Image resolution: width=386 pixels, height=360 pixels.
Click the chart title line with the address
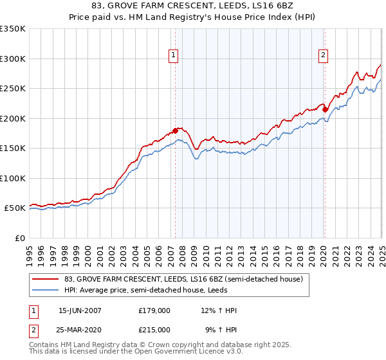click(193, 7)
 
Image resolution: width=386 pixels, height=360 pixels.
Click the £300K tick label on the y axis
click(12, 59)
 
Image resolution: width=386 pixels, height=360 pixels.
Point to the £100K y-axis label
click(12, 178)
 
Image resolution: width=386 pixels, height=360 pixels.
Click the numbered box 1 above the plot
click(174, 56)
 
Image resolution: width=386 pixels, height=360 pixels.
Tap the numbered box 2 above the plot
click(322, 56)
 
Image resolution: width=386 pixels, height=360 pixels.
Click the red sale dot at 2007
click(175, 131)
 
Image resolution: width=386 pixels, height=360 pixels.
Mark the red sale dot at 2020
click(325, 109)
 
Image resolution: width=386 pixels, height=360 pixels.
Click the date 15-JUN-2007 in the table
click(80, 310)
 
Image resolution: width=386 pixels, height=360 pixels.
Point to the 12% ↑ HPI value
click(219, 310)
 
